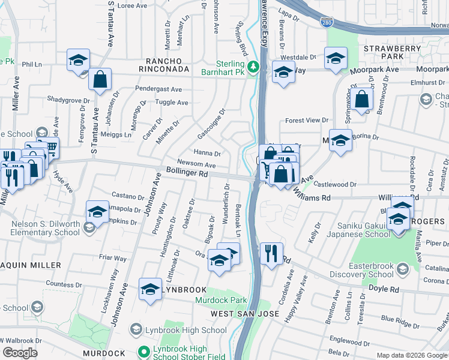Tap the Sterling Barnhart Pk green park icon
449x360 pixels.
254,66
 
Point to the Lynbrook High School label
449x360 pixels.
178,330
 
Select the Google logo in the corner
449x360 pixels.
20,353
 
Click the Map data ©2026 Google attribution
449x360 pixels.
411,355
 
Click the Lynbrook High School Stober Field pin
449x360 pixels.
143,353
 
